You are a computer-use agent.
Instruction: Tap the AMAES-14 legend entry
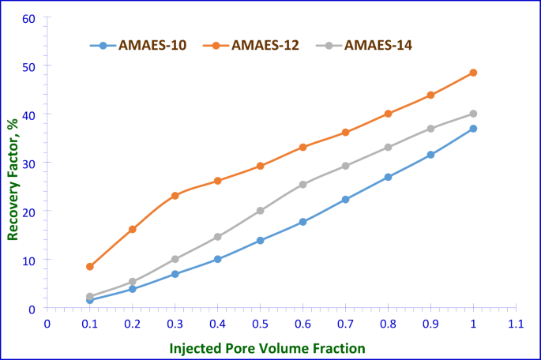pyautogui.click(x=378, y=45)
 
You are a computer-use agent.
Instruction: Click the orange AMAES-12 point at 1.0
pyautogui.click(x=473, y=73)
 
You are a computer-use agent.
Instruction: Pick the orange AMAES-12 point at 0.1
pyautogui.click(x=90, y=267)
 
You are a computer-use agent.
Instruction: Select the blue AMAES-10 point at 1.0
pyautogui.click(x=473, y=129)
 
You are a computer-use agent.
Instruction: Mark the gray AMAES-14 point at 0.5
pyautogui.click(x=261, y=211)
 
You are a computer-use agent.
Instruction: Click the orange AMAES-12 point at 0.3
pyautogui.click(x=175, y=196)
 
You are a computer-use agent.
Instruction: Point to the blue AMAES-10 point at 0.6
pyautogui.click(x=303, y=222)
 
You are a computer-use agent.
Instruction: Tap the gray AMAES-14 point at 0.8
pyautogui.click(x=388, y=147)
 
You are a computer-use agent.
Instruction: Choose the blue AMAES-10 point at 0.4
pyautogui.click(x=218, y=259)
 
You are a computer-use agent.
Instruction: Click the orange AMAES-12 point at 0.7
pyautogui.click(x=345, y=133)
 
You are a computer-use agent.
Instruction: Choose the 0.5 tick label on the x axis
pyautogui.click(x=260, y=323)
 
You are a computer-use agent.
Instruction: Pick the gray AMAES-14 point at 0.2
pyautogui.click(x=133, y=282)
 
